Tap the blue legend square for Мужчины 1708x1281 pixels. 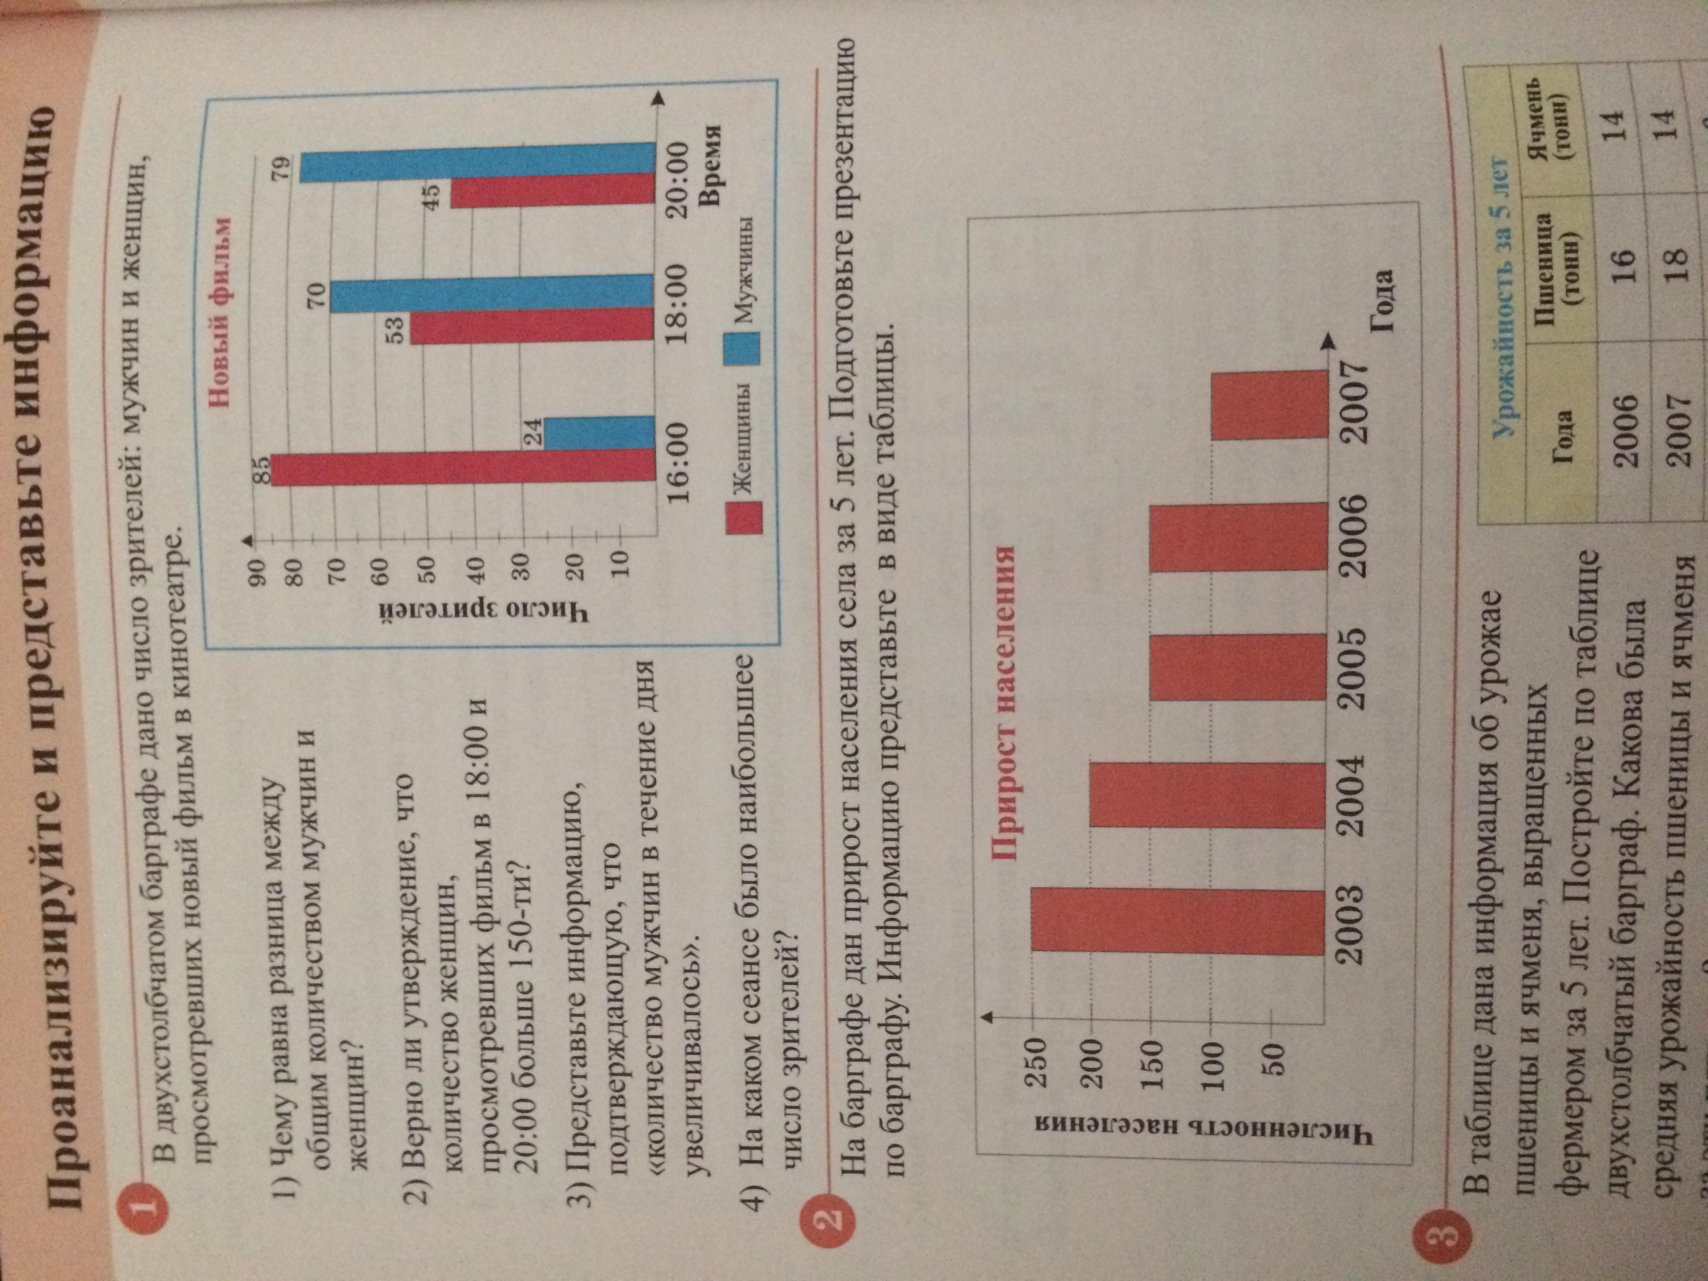(x=741, y=348)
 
